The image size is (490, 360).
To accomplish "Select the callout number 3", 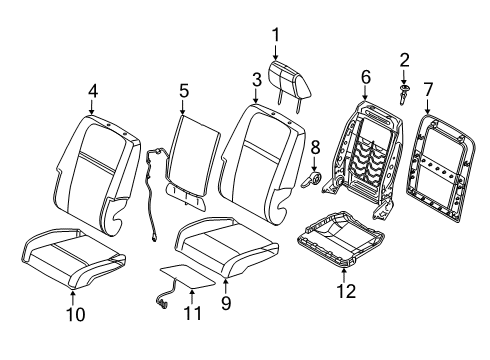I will (256, 79).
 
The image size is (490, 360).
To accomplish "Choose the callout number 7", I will (430, 92).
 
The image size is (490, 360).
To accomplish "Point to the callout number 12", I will (346, 291).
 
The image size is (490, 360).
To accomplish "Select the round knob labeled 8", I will (310, 180).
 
